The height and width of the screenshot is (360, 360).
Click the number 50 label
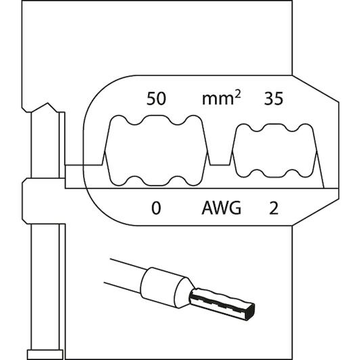click(156, 99)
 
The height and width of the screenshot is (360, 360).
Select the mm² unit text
click(221, 98)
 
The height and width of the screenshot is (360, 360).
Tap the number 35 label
click(273, 99)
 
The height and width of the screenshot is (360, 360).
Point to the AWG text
click(221, 208)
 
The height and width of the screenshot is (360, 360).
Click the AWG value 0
click(156, 208)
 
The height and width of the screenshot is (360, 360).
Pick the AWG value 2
click(273, 208)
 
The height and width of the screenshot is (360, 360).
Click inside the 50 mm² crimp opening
click(156, 151)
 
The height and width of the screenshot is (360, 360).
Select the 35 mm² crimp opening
click(275, 151)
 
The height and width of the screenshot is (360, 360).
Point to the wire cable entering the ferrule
click(124, 274)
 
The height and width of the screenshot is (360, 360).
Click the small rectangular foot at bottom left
click(45, 355)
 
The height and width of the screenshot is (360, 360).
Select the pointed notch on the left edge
click(47, 104)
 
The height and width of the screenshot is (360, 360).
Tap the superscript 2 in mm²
click(238, 93)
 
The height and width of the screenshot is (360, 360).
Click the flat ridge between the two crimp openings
click(220, 164)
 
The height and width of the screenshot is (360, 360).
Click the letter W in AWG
click(221, 208)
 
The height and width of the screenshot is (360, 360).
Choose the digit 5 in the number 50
click(151, 99)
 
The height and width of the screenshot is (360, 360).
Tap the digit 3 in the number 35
click(269, 99)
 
